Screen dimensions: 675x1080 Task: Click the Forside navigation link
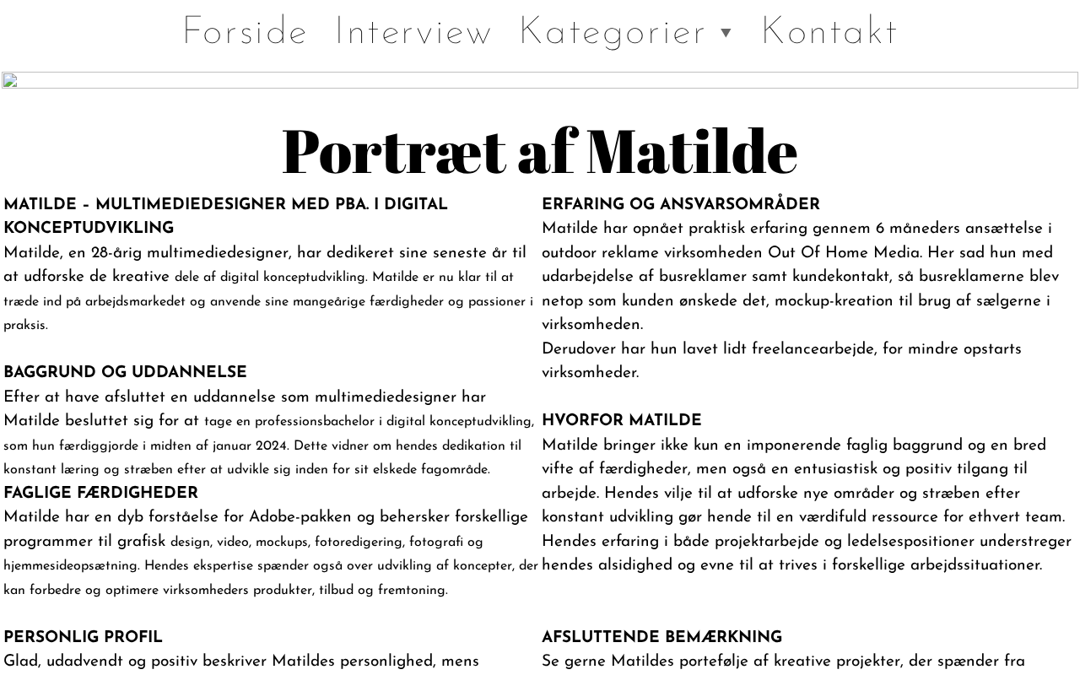pyautogui.click(x=245, y=32)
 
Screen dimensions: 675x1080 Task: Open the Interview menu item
pyautogui.click(x=413, y=32)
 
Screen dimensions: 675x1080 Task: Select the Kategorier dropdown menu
pyautogui.click(x=613, y=32)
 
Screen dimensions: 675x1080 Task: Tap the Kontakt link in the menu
pyautogui.click(x=829, y=32)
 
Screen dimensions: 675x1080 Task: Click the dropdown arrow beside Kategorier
pyautogui.click(x=726, y=34)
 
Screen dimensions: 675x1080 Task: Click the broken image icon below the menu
pyautogui.click(x=10, y=81)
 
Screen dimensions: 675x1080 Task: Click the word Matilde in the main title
pyautogui.click(x=692, y=151)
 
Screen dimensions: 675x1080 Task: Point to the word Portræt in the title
pyautogui.click(x=393, y=151)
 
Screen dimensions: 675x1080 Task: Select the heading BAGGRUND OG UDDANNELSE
pyautogui.click(x=125, y=373)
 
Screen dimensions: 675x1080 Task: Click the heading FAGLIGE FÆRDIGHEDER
pyautogui.click(x=100, y=494)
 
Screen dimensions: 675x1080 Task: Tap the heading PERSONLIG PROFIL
pyautogui.click(x=83, y=638)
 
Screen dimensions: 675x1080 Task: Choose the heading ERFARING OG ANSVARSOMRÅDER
pyautogui.click(x=680, y=205)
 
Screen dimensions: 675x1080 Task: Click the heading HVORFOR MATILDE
pyautogui.click(x=621, y=421)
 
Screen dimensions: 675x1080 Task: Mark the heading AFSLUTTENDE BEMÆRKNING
pyautogui.click(x=661, y=638)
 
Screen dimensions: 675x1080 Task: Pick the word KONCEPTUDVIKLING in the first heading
pyautogui.click(x=89, y=229)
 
